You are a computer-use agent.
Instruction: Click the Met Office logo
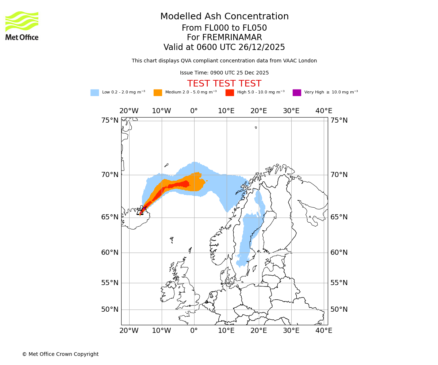click(22, 26)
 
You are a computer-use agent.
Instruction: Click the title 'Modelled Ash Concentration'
click(224, 17)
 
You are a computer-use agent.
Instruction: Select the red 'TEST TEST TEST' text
click(224, 84)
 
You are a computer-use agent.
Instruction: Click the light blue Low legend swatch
click(95, 93)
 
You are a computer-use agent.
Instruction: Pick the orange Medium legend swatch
click(158, 93)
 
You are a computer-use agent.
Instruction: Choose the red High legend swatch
click(230, 93)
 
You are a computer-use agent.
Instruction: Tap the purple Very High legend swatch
click(297, 93)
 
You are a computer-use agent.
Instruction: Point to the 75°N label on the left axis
click(110, 120)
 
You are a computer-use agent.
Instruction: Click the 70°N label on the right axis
click(339, 175)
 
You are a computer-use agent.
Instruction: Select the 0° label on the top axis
click(194, 111)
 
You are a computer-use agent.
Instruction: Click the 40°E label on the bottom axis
click(324, 331)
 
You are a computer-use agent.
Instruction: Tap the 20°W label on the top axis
click(129, 111)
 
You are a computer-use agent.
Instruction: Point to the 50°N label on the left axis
click(110, 310)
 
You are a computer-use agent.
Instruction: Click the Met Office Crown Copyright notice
click(60, 354)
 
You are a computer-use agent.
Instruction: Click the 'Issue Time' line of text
click(224, 73)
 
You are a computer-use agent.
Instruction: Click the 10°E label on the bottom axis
click(226, 331)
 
